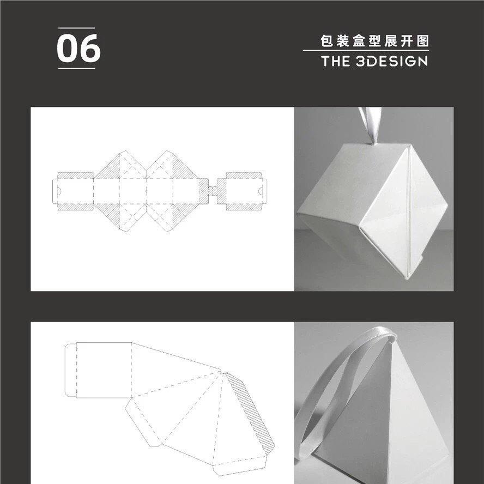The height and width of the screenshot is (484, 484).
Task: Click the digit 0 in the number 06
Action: tap(67, 49)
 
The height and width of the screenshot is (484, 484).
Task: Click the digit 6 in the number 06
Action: tap(90, 49)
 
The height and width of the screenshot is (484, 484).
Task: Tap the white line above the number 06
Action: tap(76, 28)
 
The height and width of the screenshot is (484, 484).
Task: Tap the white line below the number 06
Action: tap(76, 68)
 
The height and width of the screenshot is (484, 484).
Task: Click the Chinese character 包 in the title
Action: tap(326, 41)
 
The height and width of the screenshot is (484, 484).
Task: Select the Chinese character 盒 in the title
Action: tap(359, 41)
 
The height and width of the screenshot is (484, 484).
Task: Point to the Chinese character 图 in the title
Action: tap(422, 41)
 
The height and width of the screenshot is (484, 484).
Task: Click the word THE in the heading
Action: tap(335, 61)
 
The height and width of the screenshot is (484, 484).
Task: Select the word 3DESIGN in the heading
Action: tap(391, 61)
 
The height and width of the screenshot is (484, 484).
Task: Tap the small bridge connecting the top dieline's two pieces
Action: tap(213, 191)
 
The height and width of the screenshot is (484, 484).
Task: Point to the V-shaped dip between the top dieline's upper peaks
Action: tap(146, 170)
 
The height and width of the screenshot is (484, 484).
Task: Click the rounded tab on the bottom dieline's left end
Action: tap(71, 370)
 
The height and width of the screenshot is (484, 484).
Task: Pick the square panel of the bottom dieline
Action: tap(104, 370)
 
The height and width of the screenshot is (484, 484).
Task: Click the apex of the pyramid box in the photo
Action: tap(392, 340)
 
